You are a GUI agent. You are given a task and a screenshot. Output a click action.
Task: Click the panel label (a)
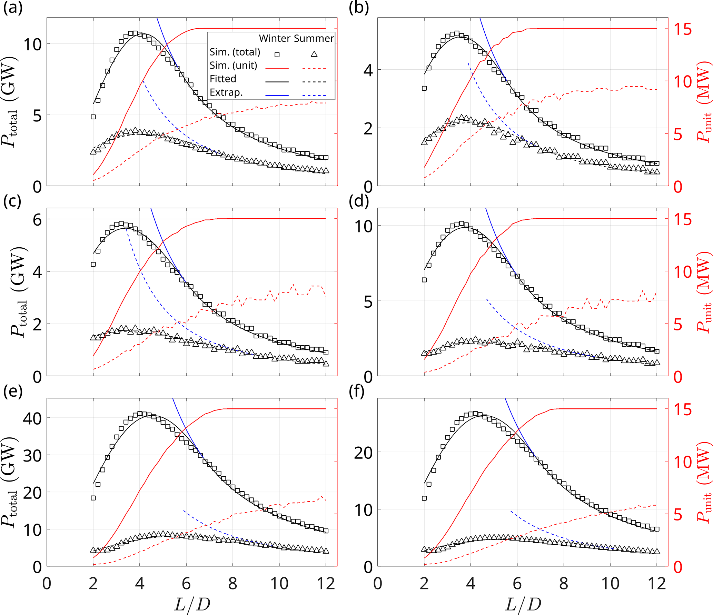tap(13, 8)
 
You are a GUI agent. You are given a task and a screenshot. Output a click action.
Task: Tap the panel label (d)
tap(359, 201)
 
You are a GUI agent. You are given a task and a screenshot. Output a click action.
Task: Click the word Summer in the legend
tap(318, 38)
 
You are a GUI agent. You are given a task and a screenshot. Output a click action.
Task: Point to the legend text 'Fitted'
tap(223, 79)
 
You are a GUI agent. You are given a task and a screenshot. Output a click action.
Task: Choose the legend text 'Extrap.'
tap(226, 92)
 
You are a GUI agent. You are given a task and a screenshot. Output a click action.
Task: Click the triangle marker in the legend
tap(314, 54)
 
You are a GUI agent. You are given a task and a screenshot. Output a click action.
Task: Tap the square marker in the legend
tap(277, 54)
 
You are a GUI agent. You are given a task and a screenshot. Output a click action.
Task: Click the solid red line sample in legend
tap(277, 68)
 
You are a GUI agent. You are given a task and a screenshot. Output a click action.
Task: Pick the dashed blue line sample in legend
tap(314, 95)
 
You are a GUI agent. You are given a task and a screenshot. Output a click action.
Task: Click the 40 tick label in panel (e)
tap(32, 419)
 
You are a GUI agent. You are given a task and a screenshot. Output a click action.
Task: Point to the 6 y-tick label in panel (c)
tap(37, 220)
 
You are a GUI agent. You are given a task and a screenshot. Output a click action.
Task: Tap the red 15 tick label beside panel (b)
tap(683, 29)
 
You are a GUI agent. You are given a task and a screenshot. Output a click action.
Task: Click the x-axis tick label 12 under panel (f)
tap(656, 584)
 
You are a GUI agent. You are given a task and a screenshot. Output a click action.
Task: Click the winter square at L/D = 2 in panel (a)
tap(93, 117)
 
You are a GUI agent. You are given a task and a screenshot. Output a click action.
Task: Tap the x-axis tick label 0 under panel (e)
tap(47, 584)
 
